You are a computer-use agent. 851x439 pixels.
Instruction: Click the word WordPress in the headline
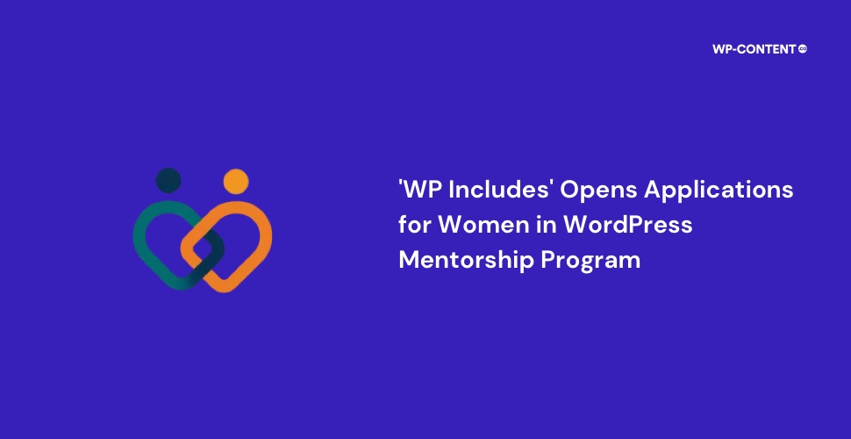626,225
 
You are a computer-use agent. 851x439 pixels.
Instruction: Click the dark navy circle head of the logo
168,180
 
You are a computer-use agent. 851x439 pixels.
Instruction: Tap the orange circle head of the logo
236,182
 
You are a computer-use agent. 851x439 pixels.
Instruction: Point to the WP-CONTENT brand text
754,49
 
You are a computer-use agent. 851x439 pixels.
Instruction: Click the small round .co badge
803,48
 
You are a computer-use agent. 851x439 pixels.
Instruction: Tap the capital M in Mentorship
411,260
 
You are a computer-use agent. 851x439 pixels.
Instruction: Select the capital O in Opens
570,191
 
